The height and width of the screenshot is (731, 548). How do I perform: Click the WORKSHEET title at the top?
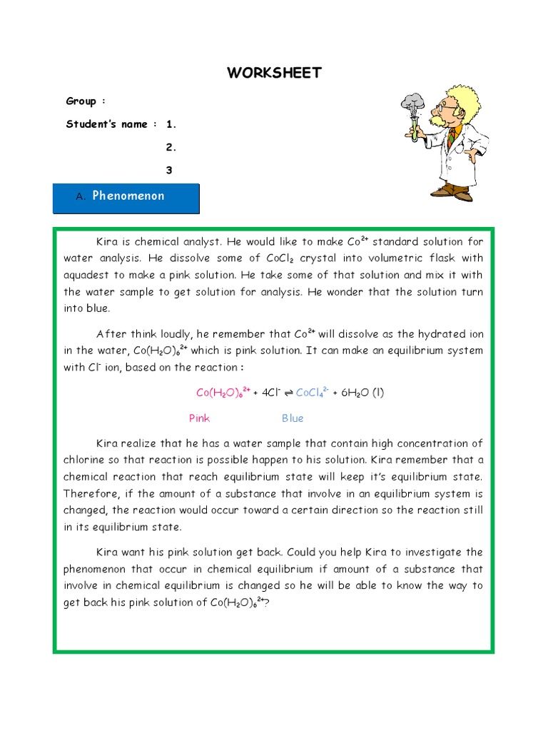[x=274, y=73]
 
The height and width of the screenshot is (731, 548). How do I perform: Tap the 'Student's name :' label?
[x=111, y=124]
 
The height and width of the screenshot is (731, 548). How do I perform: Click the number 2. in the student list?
[x=171, y=147]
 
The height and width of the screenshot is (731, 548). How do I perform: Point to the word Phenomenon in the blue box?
[x=128, y=196]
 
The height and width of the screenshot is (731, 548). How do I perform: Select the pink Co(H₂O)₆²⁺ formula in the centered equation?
[x=223, y=393]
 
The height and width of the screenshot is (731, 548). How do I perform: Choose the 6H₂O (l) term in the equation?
[x=360, y=393]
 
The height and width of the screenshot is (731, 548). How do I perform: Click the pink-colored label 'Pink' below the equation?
[x=199, y=418]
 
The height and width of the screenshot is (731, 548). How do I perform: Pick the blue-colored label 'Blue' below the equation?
[x=293, y=418]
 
